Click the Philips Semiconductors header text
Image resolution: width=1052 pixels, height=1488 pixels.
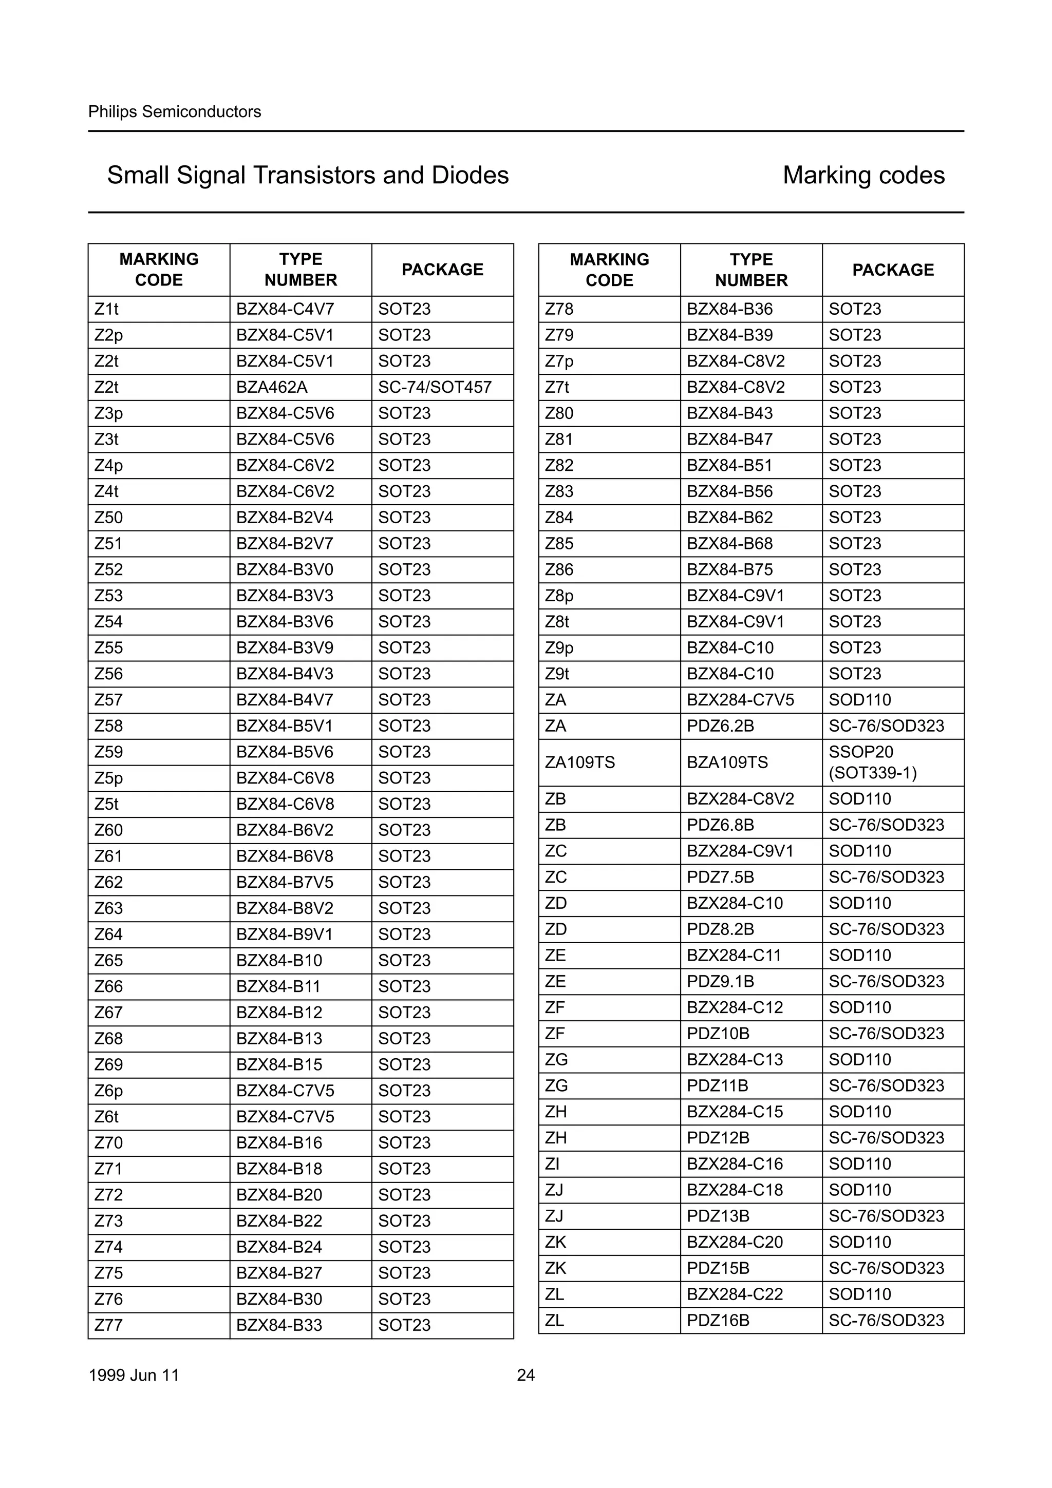pyautogui.click(x=174, y=111)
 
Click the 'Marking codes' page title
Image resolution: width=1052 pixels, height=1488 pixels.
pyautogui.click(x=863, y=175)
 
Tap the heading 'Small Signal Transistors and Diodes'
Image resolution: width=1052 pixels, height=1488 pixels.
pyautogui.click(x=308, y=175)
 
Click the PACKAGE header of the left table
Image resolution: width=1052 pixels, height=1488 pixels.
pyautogui.click(x=442, y=270)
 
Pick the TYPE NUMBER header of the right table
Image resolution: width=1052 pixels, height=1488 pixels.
pyautogui.click(x=751, y=270)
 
